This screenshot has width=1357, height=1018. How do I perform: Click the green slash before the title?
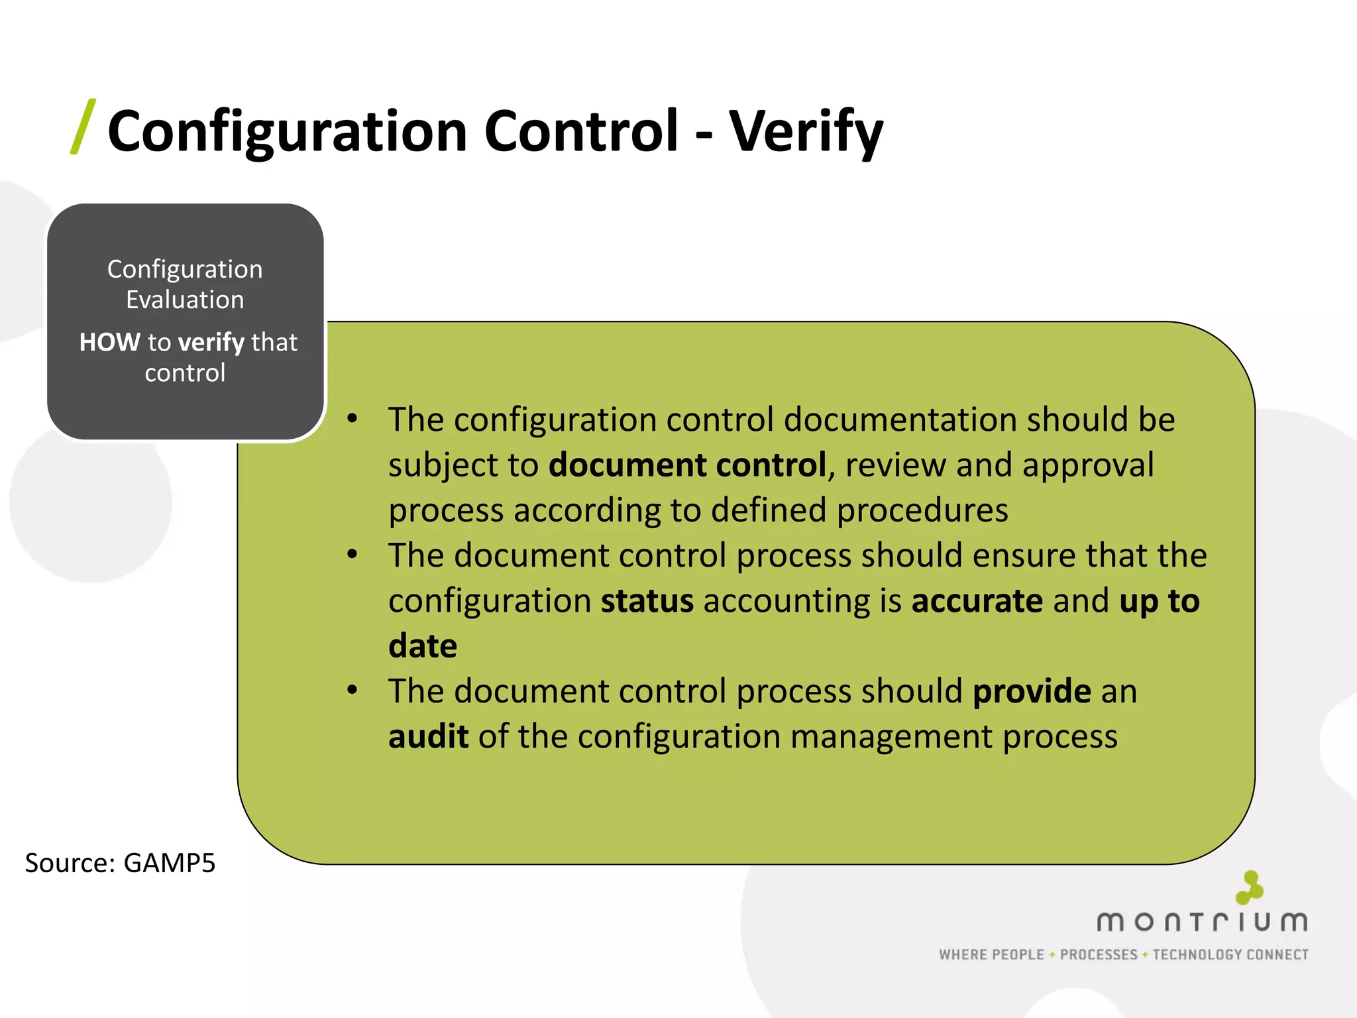[83, 127]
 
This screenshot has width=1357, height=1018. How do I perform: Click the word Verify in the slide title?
[806, 131]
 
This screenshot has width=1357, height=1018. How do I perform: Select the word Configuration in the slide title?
[288, 131]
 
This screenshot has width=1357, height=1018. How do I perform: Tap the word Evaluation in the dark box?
[185, 300]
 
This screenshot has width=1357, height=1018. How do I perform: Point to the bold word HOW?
[109, 342]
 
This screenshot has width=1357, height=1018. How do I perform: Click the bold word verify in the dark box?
[211, 343]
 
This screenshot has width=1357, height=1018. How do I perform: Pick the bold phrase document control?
[687, 465]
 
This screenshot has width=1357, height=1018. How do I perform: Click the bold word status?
[647, 600]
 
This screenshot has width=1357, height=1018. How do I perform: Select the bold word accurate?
[977, 600]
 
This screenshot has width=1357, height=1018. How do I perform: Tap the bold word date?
[423, 646]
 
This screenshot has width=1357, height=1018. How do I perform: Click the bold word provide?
[1032, 691]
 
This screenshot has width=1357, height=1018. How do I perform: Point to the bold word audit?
[428, 736]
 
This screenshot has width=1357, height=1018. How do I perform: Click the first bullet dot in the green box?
[353, 419]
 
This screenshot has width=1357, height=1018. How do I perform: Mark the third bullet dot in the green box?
[353, 691]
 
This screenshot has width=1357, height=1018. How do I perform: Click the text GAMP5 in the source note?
[170, 863]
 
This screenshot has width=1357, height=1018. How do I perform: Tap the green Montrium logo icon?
[1249, 887]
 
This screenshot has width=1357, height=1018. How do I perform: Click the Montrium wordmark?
[1202, 922]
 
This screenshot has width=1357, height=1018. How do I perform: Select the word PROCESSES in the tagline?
[1099, 954]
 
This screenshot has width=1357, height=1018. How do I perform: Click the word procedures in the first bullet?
[922, 510]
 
